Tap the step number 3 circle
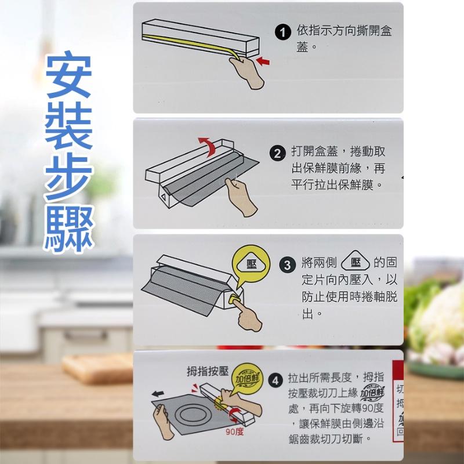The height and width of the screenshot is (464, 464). [288, 266]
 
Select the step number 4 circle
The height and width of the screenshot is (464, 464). [277, 380]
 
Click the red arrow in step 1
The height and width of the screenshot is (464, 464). [263, 60]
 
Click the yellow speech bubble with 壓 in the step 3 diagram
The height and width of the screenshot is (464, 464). [251, 265]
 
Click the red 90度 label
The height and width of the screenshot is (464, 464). [235, 432]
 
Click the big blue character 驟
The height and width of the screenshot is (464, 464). [68, 229]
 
